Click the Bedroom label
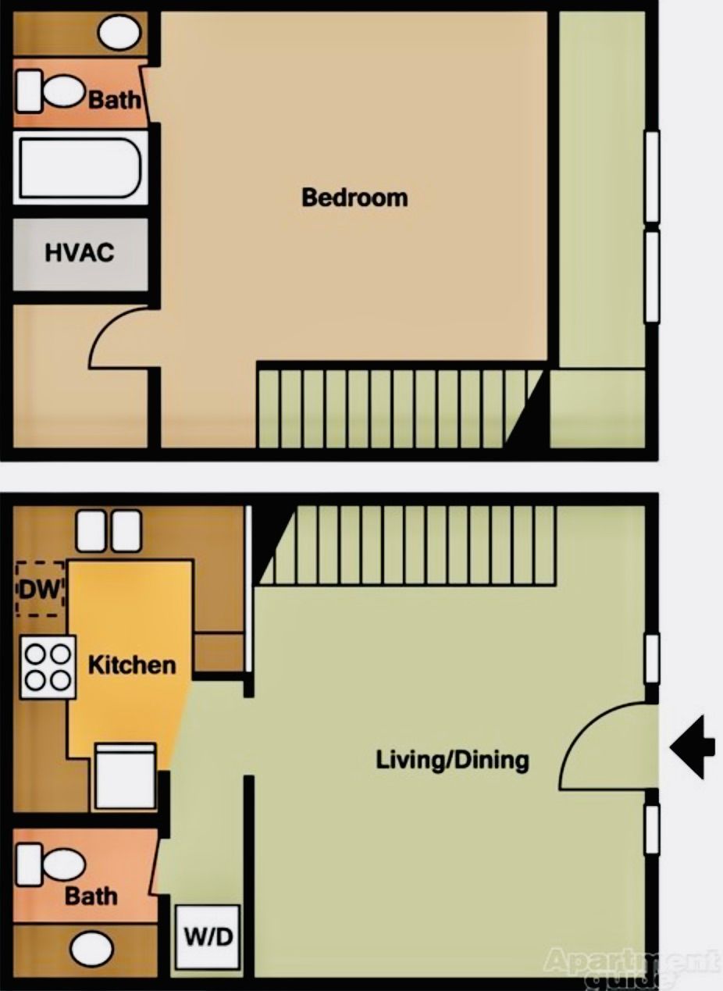tap(354, 197)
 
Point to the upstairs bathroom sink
tap(119, 32)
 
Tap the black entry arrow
tap(693, 747)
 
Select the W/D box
tap(207, 936)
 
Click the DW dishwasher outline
tap(41, 589)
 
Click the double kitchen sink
tap(109, 530)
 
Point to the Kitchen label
tap(131, 665)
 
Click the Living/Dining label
tap(452, 759)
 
